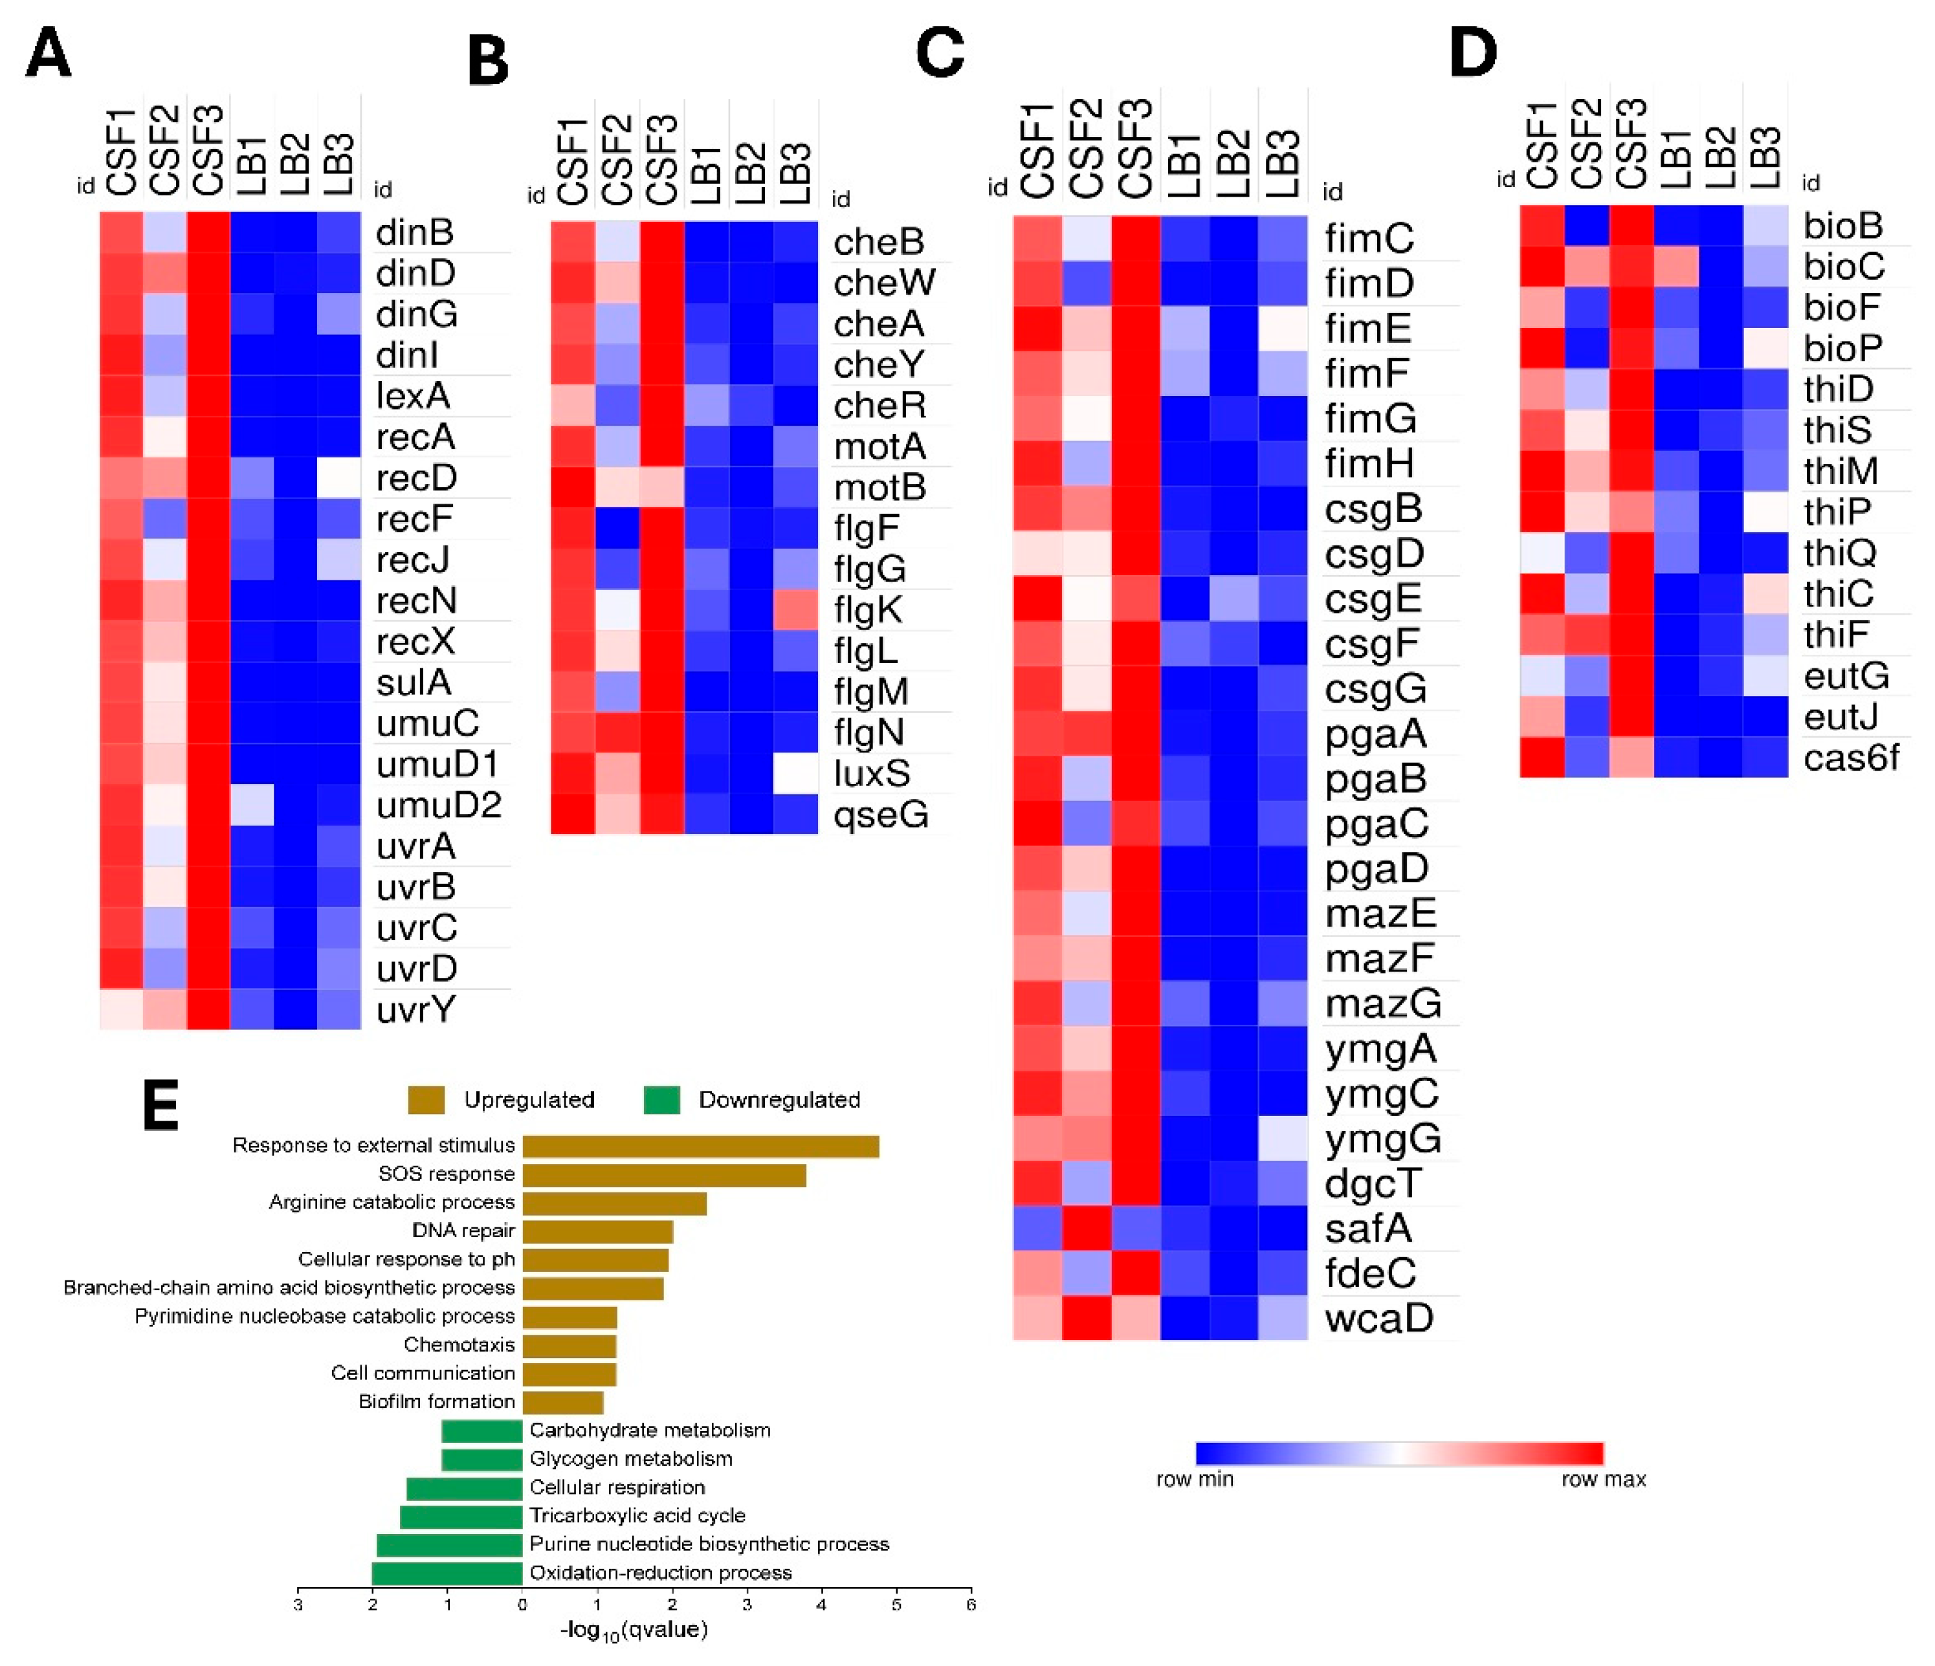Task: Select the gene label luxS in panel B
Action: [x=871, y=773]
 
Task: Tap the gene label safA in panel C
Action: [x=1367, y=1228]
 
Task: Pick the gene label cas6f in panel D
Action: [x=1850, y=758]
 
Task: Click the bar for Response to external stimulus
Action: [x=700, y=1146]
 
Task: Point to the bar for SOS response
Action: [x=664, y=1174]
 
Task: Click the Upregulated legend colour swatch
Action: [x=426, y=1100]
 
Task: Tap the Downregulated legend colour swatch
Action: [x=661, y=1100]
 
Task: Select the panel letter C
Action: [x=940, y=52]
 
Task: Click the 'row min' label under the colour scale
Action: [x=1195, y=1479]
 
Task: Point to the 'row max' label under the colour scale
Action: [x=1604, y=1479]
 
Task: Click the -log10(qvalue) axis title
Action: [x=634, y=1630]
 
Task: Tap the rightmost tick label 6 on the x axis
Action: [x=971, y=1605]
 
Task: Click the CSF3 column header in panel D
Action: [x=1631, y=145]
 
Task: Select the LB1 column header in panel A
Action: [x=252, y=164]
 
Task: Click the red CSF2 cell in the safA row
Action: [x=1087, y=1228]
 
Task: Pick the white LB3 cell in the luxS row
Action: [x=795, y=773]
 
